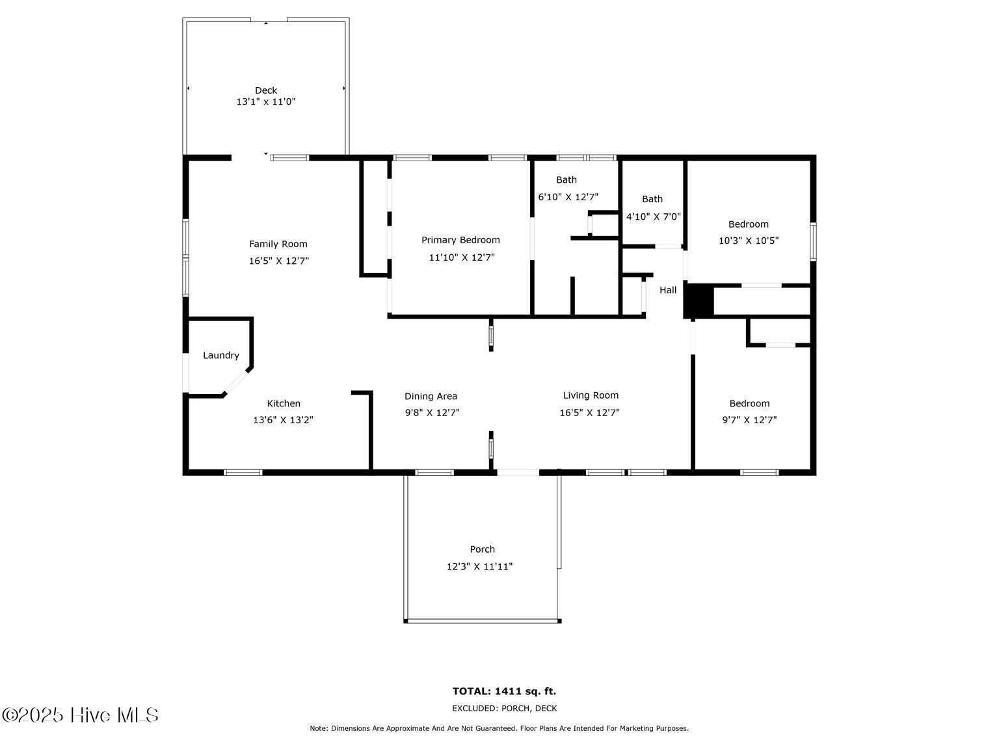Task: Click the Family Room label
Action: click(278, 244)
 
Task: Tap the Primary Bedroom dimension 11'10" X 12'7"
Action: click(462, 257)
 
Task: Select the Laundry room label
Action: click(220, 356)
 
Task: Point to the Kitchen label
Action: click(284, 403)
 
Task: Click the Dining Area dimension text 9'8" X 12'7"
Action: click(433, 412)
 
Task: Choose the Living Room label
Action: click(591, 396)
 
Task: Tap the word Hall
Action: click(668, 290)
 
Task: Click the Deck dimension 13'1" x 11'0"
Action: click(266, 102)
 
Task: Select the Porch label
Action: click(483, 549)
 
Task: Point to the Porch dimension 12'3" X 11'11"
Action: click(480, 567)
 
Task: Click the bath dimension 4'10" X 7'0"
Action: click(654, 217)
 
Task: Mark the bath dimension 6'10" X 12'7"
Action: click(568, 198)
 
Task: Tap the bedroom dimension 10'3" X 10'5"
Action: click(749, 241)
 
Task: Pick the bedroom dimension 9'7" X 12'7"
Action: click(750, 420)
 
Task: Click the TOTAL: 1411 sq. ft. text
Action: click(504, 691)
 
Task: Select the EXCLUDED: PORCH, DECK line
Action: click(504, 708)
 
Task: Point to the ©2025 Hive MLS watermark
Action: click(80, 715)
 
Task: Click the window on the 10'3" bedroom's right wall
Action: click(813, 241)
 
